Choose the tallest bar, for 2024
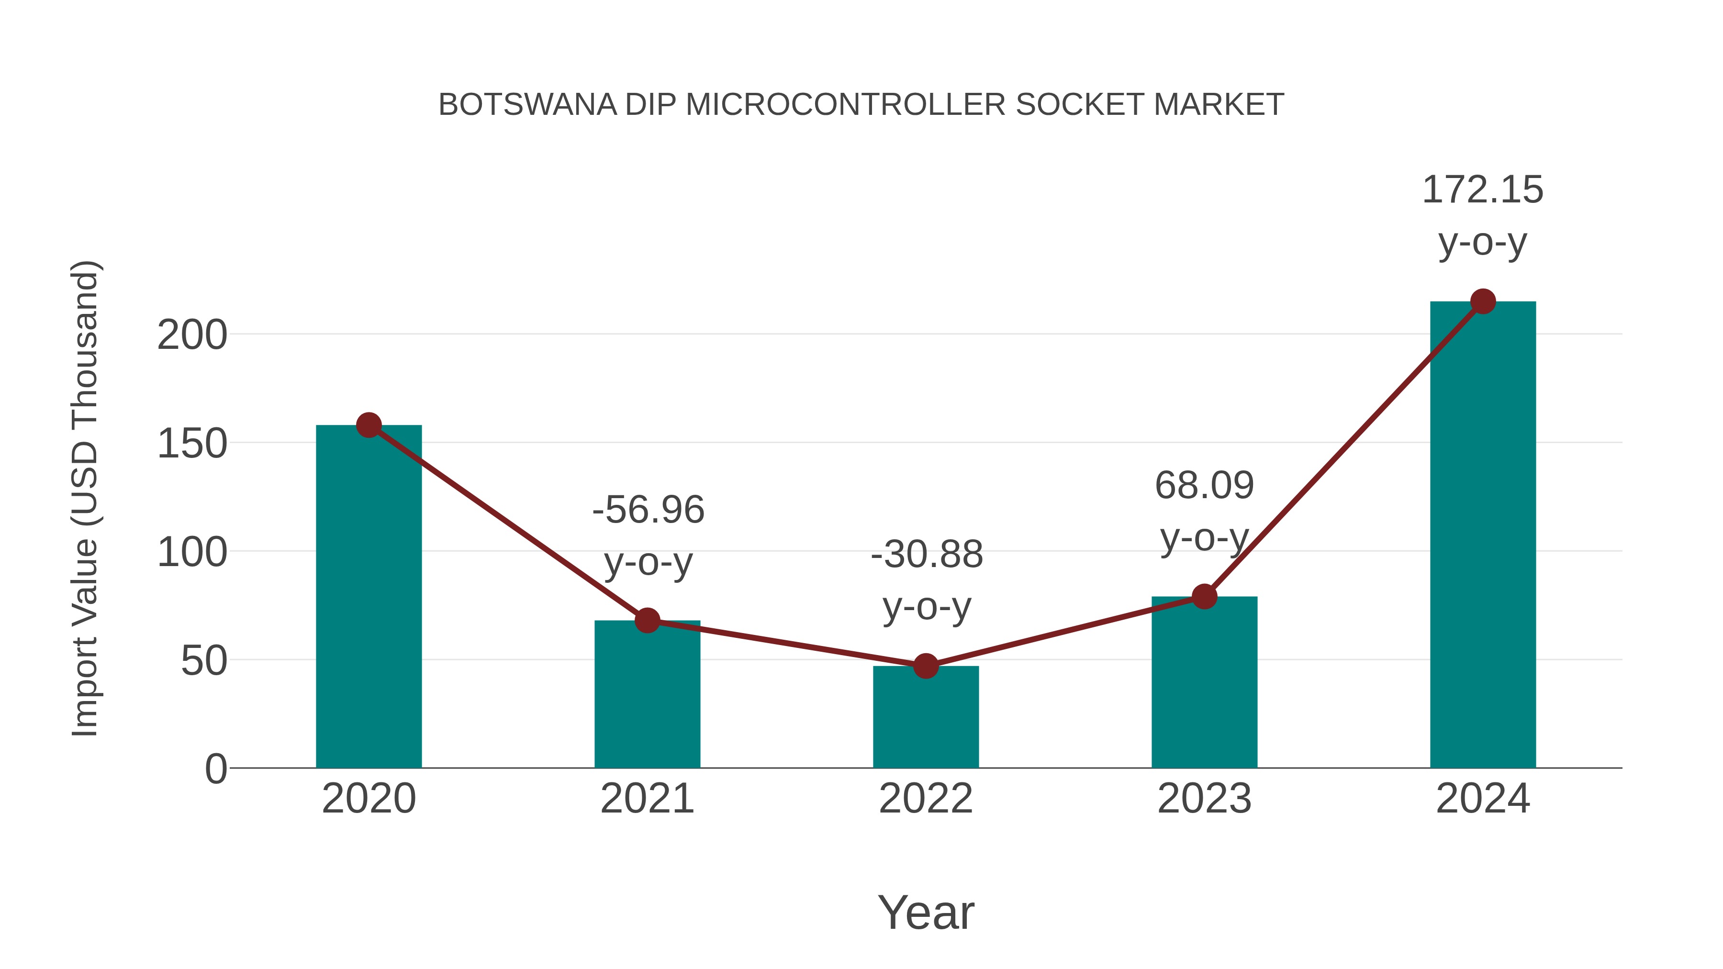[1483, 535]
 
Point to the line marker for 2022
[926, 666]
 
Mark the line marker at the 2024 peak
[1483, 301]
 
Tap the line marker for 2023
[1204, 597]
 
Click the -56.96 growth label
[648, 510]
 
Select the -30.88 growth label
[927, 555]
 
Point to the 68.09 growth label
[1204, 486]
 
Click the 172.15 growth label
[1482, 190]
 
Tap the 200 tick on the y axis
[192, 335]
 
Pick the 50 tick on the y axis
[204, 661]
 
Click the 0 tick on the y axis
[216, 769]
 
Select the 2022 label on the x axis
[926, 799]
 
